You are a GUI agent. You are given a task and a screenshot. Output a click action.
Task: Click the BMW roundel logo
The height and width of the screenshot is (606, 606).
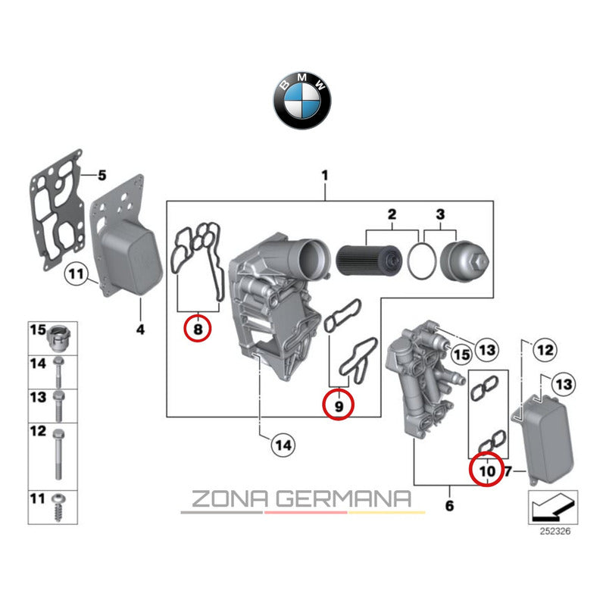pos(302,100)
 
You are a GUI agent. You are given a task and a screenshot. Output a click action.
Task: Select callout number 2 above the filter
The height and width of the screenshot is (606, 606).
pos(392,214)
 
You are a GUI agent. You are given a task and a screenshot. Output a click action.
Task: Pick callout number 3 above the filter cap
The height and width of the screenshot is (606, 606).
pos(441,214)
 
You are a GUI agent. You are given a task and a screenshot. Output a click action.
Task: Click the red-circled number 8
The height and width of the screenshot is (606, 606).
pos(198,330)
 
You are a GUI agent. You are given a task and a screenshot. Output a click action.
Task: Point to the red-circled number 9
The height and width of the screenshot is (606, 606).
pos(339,405)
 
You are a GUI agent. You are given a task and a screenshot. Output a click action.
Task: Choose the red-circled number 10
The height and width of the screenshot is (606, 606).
pos(486,471)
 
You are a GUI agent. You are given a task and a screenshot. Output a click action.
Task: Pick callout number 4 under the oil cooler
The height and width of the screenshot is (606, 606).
pos(139,330)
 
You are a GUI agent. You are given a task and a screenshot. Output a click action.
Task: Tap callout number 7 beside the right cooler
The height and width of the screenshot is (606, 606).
pos(509,471)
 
